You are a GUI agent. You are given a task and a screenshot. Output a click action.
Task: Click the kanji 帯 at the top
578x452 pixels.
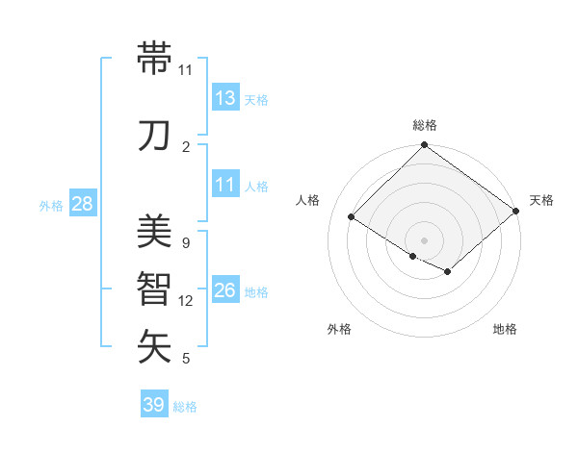(x=155, y=59)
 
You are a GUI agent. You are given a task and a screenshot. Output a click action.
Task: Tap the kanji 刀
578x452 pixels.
(x=155, y=135)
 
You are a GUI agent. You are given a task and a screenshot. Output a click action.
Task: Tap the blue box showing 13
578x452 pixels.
(x=225, y=97)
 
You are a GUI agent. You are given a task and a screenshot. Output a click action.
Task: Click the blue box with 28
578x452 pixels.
(x=82, y=204)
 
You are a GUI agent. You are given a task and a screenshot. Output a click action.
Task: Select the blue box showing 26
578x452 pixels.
(x=225, y=290)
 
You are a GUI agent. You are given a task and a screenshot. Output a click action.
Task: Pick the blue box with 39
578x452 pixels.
(x=154, y=405)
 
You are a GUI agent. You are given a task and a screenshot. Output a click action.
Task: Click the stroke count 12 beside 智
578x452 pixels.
(x=186, y=301)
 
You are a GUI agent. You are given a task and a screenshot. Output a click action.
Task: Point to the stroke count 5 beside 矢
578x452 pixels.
(x=185, y=359)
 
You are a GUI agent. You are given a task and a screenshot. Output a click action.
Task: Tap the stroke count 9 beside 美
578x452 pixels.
(x=185, y=243)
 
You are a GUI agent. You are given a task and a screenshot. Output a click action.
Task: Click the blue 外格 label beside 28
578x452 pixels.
(x=51, y=205)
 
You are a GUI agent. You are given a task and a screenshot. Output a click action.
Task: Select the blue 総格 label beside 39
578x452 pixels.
(x=185, y=407)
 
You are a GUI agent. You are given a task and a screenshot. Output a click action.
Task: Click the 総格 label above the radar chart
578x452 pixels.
(x=425, y=125)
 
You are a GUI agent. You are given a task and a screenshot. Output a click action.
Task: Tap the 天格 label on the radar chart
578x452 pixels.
(x=541, y=200)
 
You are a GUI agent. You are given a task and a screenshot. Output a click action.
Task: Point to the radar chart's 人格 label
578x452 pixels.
(x=308, y=200)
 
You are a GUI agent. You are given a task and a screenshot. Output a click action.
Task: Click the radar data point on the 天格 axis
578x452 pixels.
(x=516, y=211)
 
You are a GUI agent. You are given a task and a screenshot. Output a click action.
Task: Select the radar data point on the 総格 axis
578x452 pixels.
(x=425, y=146)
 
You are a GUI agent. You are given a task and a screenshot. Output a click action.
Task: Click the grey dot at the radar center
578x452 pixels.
(x=425, y=239)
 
